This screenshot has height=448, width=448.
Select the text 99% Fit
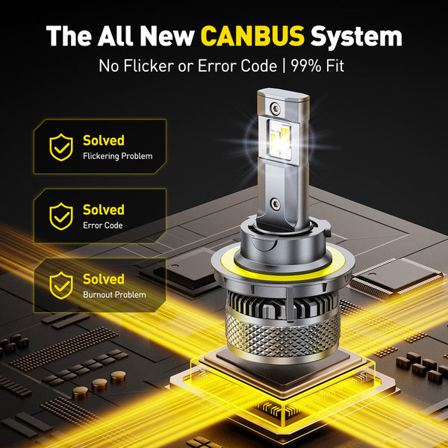coord(320,66)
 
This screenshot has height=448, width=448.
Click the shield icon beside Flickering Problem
coord(61,147)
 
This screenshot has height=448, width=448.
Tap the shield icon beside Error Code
coord(61,216)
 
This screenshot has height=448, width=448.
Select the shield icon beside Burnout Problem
coord(61,285)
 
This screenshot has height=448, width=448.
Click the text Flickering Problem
coord(117,156)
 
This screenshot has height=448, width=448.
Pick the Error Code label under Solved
coord(103,225)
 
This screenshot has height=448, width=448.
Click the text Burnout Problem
coord(114,294)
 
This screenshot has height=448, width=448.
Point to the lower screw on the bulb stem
coord(274,202)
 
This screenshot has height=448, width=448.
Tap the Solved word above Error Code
coord(103,210)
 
